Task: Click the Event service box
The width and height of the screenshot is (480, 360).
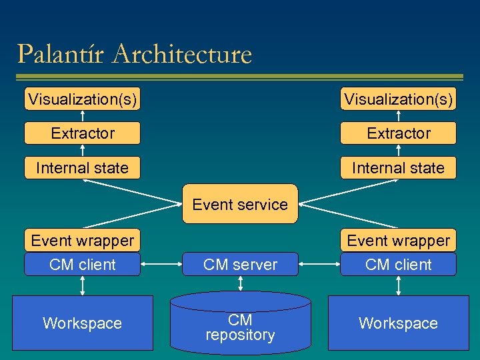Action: click(239, 204)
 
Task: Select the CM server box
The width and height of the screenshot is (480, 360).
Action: click(240, 265)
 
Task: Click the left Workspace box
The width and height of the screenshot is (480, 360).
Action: click(82, 323)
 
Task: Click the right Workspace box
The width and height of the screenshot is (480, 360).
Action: click(398, 323)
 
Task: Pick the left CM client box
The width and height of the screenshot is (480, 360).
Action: click(82, 265)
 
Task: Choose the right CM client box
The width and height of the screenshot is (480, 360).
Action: click(398, 265)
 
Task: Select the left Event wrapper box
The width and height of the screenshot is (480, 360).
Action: click(82, 240)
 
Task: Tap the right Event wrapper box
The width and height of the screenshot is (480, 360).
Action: click(398, 240)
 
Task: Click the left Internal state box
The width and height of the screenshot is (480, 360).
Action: click(82, 168)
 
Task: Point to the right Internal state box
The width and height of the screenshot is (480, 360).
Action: click(398, 168)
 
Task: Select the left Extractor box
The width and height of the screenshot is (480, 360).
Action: click(82, 133)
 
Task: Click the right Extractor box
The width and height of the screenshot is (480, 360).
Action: click(398, 133)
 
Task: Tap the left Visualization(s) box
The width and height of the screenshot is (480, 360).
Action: click(82, 99)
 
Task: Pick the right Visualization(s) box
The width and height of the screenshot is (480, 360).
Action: click(398, 99)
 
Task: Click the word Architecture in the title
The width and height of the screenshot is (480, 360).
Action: click(182, 54)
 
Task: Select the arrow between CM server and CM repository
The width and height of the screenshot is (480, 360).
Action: click(240, 284)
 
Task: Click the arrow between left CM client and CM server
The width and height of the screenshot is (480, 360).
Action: click(162, 265)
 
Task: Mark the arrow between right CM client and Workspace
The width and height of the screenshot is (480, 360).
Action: click(398, 285)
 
